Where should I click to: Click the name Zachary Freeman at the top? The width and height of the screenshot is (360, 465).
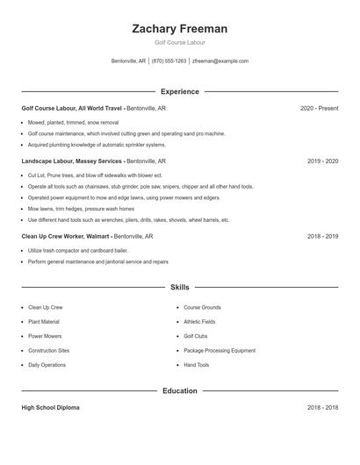pos(179,29)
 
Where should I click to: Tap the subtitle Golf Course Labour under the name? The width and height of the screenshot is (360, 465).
pos(179,42)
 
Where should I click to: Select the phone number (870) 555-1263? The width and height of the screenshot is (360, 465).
pos(169,61)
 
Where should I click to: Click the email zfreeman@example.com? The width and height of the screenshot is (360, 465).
pos(220,61)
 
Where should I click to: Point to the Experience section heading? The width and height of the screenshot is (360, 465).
pos(179,91)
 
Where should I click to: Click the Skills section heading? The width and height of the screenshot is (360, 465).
pos(179,287)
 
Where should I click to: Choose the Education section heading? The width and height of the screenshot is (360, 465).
pos(179,390)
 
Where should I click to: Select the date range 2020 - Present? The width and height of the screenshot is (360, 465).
pos(319,108)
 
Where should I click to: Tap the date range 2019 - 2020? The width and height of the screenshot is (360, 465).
pos(322,161)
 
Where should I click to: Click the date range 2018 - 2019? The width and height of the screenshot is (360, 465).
pos(322,236)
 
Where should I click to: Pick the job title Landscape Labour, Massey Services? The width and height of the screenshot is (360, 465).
pos(72,161)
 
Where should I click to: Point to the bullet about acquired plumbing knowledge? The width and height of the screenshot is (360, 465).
pos(97,145)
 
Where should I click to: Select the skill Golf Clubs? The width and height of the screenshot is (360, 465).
pos(196,336)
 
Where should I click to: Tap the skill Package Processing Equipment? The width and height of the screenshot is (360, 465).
pos(220,350)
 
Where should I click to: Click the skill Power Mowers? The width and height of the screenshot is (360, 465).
pos(45,336)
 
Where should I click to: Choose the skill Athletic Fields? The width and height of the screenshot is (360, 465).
pos(199,322)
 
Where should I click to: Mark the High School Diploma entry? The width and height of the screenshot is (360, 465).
pos(51,408)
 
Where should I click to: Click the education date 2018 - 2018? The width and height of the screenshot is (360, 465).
pos(322,408)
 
